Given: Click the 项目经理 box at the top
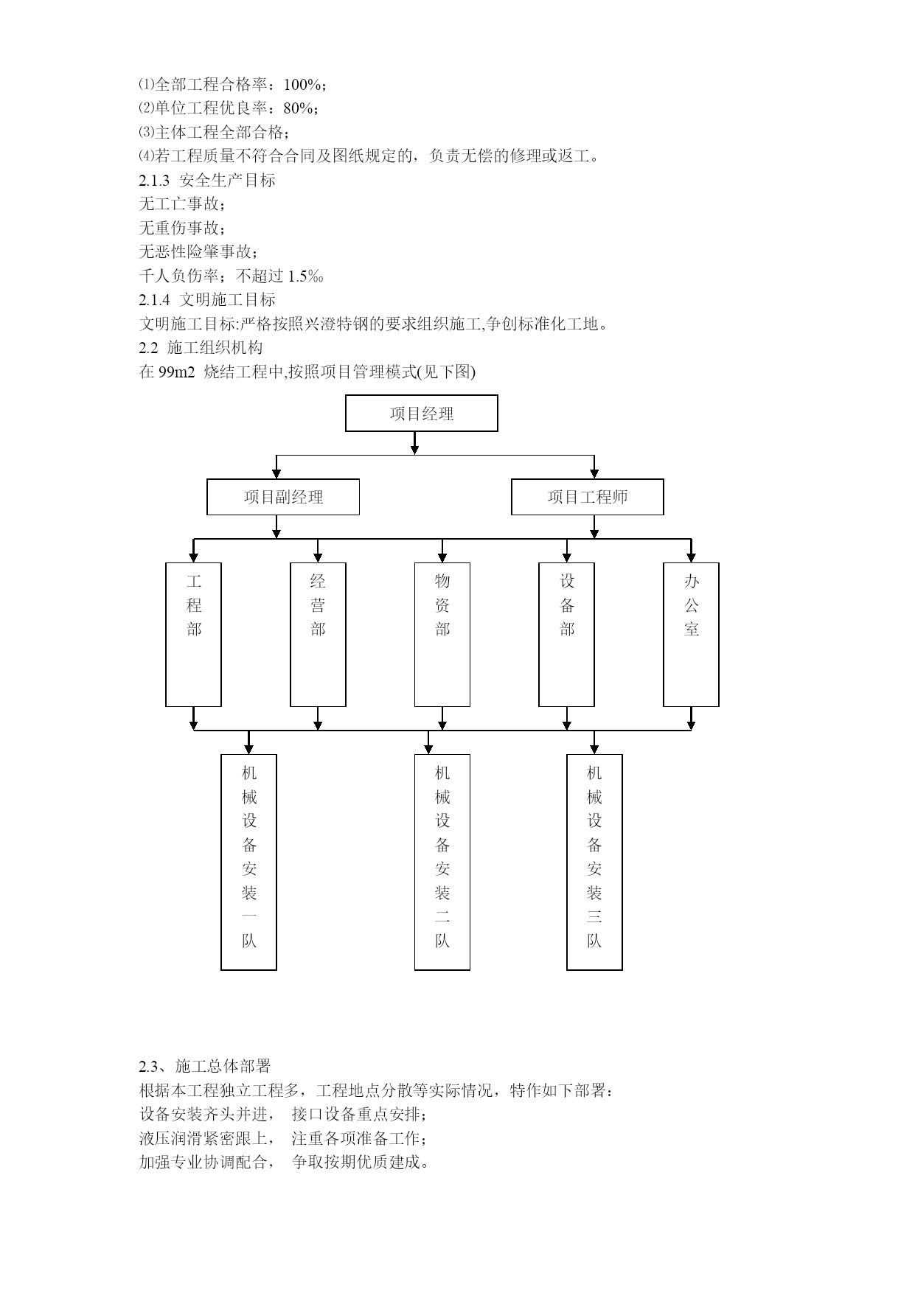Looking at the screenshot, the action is click(x=422, y=414).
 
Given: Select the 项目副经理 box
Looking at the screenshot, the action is click(x=283, y=497).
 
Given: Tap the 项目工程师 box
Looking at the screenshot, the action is click(x=588, y=497).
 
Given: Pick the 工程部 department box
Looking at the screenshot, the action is click(x=194, y=635).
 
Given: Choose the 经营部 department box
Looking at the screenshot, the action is click(x=318, y=635).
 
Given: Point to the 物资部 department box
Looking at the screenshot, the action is click(x=442, y=635).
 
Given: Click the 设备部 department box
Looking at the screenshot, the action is click(x=567, y=635).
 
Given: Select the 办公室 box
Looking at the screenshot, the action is click(x=691, y=635).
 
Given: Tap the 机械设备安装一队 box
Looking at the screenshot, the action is click(x=249, y=862).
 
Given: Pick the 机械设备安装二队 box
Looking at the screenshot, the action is click(x=442, y=862).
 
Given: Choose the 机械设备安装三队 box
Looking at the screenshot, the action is click(x=594, y=862).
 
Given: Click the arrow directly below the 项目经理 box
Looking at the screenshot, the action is click(x=415, y=443).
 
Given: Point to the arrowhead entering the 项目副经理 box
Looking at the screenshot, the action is click(x=276, y=474).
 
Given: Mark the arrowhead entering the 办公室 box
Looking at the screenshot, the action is click(x=691, y=557).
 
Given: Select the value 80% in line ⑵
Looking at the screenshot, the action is click(x=298, y=108).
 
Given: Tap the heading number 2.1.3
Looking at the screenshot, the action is click(x=154, y=180).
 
